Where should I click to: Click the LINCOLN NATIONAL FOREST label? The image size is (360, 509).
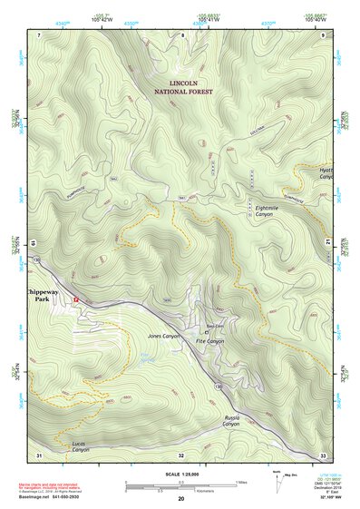click(182, 87)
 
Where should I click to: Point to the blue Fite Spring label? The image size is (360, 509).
click(145, 357)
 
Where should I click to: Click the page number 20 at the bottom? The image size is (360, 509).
click(181, 499)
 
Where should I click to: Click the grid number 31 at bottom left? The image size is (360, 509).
click(39, 455)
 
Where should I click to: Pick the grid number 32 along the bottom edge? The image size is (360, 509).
click(181, 455)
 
